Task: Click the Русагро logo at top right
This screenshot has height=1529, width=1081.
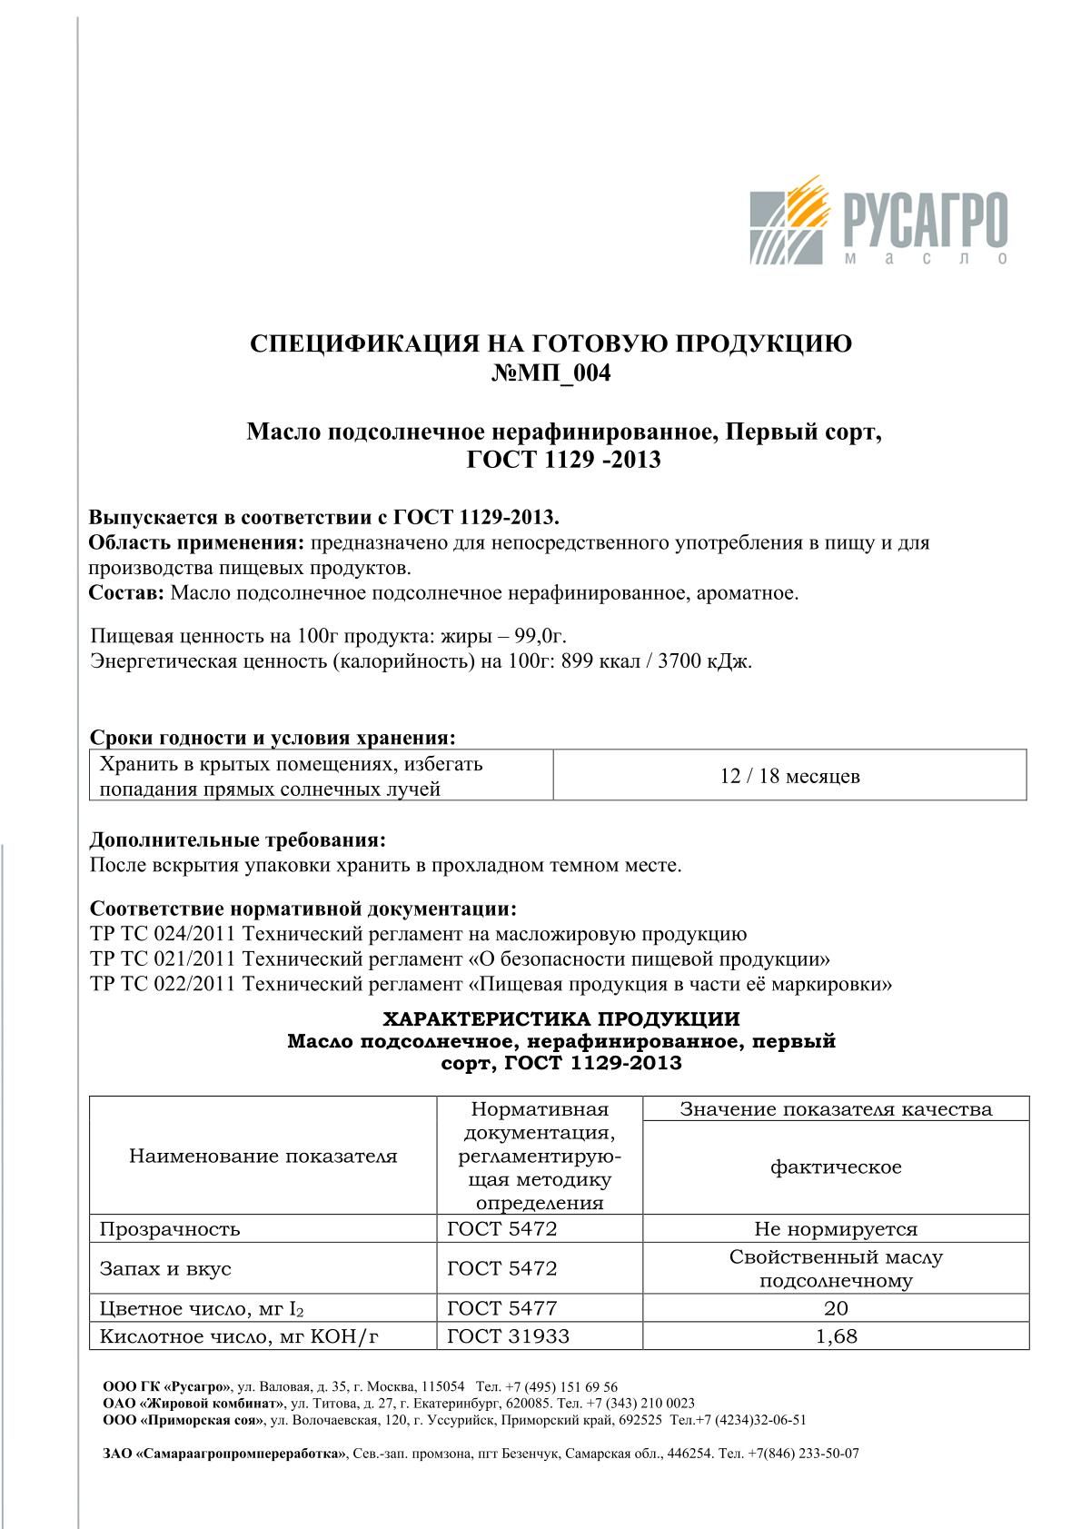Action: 878,222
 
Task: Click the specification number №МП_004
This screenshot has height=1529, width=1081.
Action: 550,373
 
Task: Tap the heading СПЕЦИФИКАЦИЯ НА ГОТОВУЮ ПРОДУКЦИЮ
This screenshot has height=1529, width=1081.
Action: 550,343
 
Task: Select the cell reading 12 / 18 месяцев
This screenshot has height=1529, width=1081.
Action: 789,776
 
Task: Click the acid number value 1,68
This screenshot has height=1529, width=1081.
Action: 836,1336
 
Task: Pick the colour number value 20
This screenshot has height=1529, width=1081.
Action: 836,1308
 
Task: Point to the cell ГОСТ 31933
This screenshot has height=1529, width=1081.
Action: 508,1336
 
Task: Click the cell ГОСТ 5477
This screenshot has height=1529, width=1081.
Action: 501,1308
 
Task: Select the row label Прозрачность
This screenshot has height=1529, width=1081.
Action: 170,1229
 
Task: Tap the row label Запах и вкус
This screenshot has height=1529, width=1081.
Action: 165,1268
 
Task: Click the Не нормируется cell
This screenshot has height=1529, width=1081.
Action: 836,1229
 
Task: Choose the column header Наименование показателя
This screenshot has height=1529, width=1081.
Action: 263,1157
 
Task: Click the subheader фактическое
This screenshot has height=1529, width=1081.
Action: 836,1167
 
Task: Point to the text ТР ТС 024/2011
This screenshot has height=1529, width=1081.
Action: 164,934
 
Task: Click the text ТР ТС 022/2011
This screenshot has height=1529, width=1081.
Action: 164,984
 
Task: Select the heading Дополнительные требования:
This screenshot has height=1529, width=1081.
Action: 238,840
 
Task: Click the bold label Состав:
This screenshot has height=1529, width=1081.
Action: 126,593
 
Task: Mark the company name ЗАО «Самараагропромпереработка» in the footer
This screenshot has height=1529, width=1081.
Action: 224,1453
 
